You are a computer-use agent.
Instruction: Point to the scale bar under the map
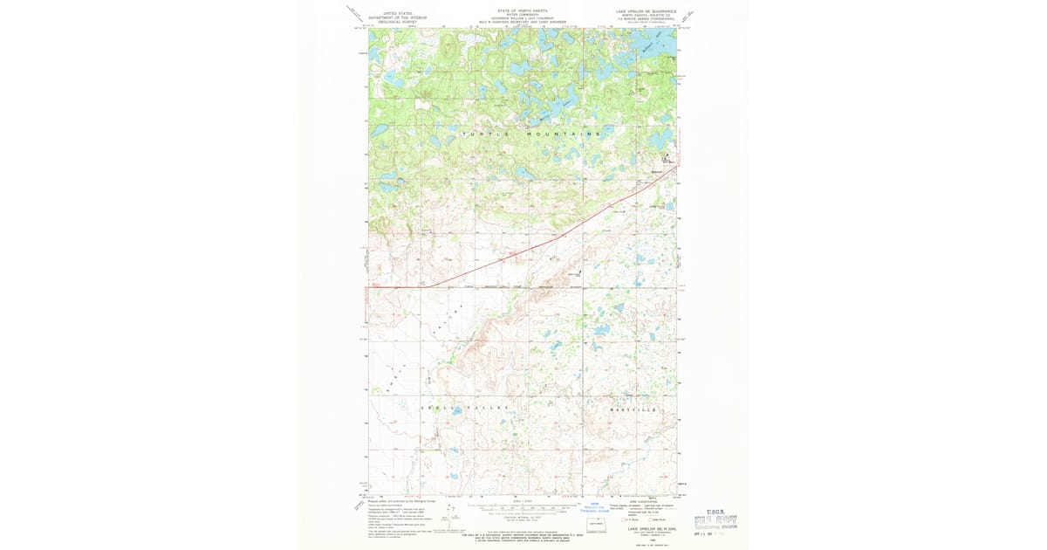[x=522, y=505]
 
